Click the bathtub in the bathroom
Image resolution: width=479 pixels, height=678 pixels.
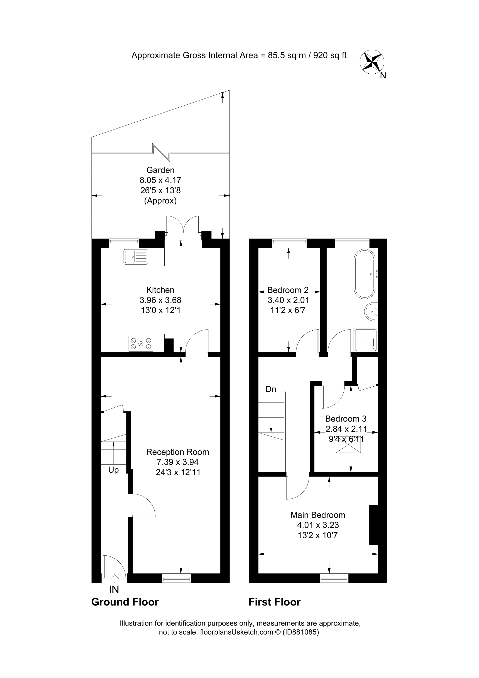(365, 274)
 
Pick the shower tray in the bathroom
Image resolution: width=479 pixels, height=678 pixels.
(366, 340)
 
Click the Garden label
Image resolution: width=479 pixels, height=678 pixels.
(160, 170)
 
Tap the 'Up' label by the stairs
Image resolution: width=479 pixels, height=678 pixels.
(113, 470)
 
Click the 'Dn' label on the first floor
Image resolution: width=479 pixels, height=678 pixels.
(271, 389)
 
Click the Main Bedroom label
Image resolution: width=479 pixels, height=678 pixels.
(318, 515)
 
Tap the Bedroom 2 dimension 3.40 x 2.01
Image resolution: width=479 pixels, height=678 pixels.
(288, 300)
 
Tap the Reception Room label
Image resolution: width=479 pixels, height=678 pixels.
(177, 452)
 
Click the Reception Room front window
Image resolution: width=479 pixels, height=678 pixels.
(177, 578)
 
